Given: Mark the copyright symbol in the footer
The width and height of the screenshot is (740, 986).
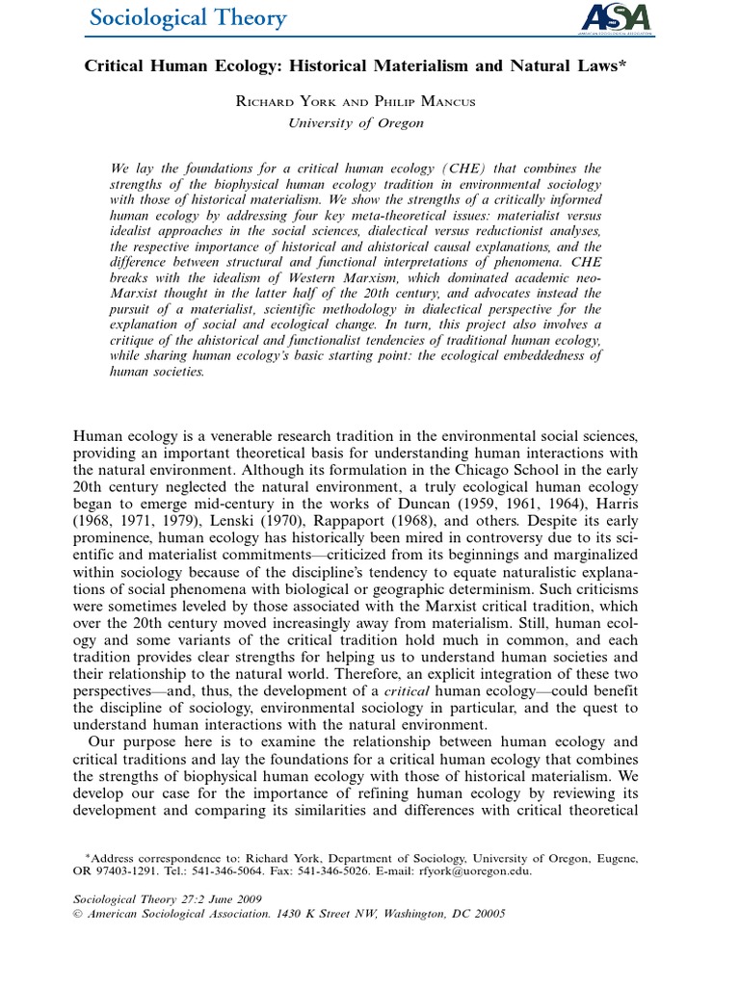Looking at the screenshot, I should click(x=80, y=914).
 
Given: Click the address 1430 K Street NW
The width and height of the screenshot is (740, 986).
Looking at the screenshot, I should click(x=330, y=914).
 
